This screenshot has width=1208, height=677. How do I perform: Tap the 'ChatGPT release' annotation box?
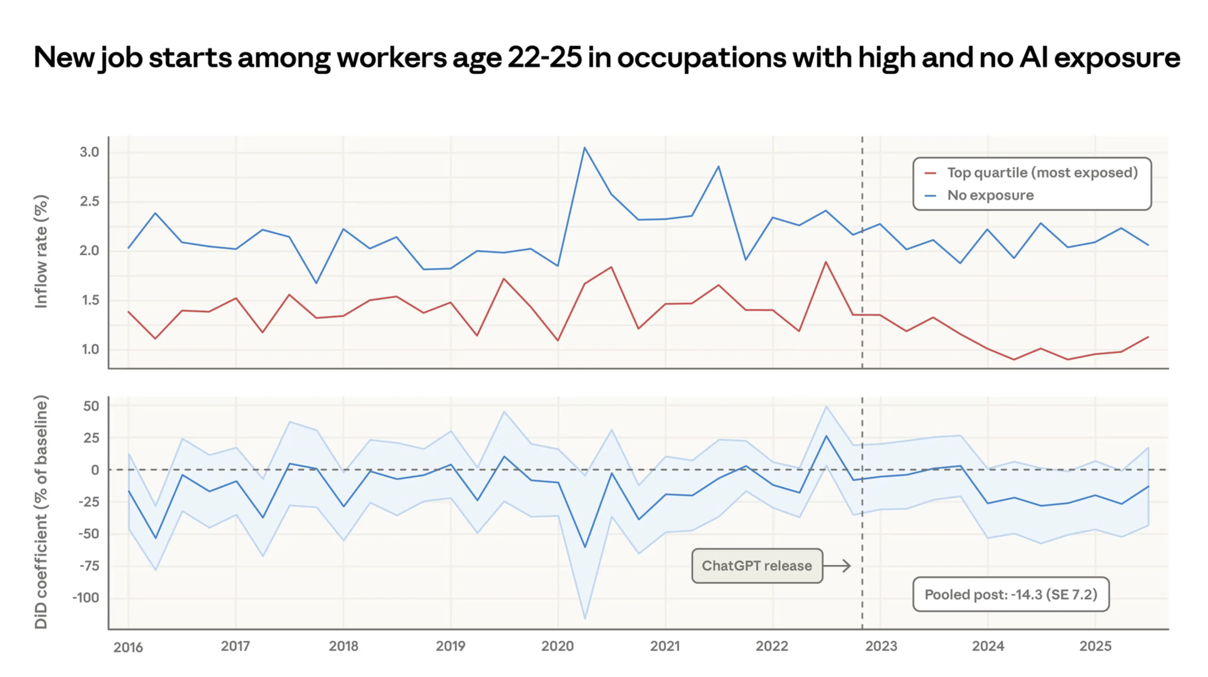coord(757,566)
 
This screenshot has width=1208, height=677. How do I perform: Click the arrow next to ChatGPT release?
coord(837,566)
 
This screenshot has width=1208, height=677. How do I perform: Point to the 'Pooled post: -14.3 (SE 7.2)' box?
coord(1010,595)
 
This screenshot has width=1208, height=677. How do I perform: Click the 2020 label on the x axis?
coord(558,646)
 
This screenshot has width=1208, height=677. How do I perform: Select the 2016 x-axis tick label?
coord(128,647)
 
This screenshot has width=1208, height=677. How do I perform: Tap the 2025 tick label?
coord(1095,646)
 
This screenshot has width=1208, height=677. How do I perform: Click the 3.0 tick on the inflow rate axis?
coord(89,152)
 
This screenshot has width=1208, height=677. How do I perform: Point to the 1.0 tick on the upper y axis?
coord(90,349)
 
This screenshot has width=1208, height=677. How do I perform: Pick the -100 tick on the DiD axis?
coord(86,598)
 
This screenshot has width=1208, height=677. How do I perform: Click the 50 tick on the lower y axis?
coord(91,406)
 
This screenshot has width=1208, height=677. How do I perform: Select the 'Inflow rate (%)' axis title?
coord(41,252)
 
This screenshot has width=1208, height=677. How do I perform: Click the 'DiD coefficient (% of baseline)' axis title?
coord(41,512)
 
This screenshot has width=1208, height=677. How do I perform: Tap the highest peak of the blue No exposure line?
coord(584,148)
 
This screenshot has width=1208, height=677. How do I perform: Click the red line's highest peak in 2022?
coord(826,262)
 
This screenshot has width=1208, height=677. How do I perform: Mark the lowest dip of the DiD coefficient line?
coord(585,547)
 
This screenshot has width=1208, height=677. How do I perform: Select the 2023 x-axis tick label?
coord(881,646)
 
